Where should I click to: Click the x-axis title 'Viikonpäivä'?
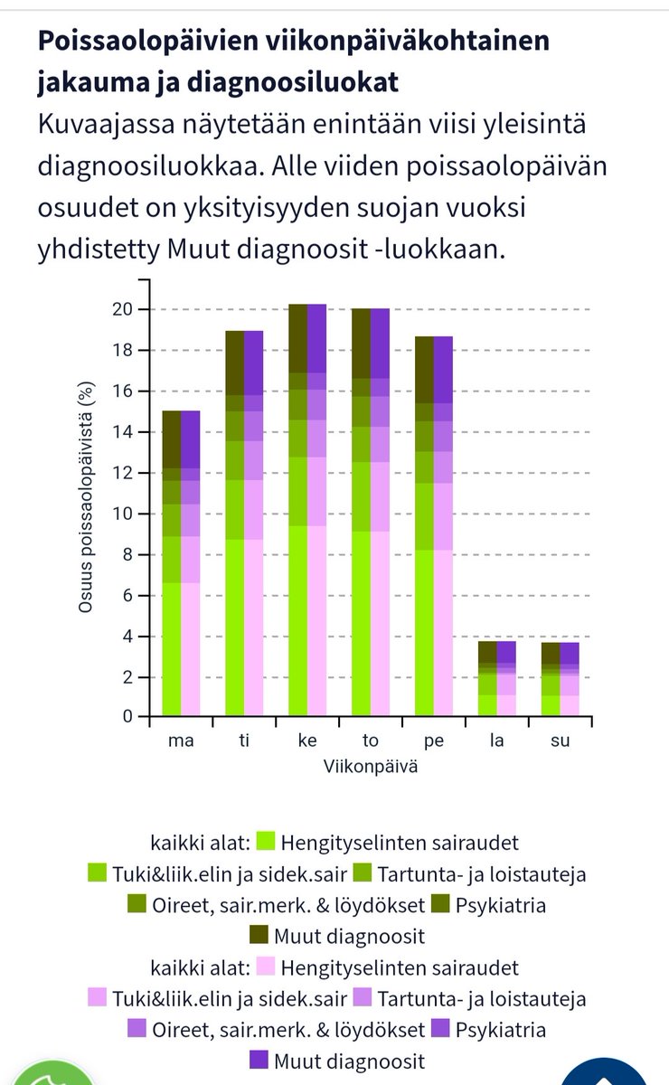(370, 767)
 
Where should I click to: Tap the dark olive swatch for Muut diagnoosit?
(259, 936)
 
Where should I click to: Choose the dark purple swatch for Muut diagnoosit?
(259, 1061)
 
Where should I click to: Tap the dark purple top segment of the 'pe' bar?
(443, 370)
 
